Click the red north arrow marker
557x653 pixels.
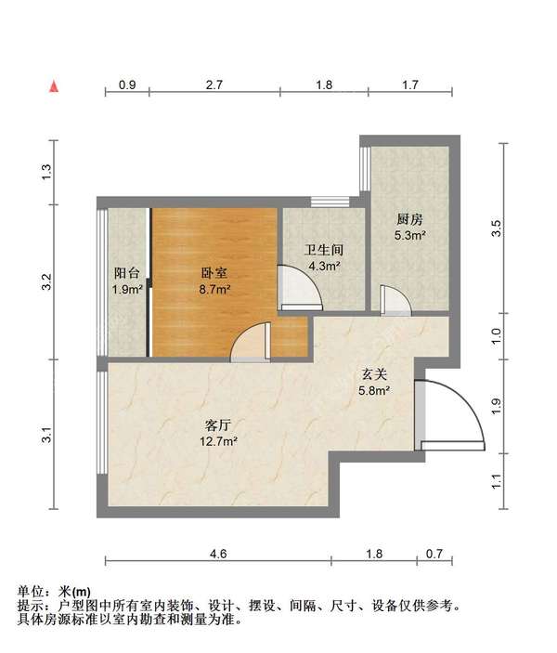(x=56, y=86)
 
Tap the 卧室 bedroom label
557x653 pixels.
(x=215, y=273)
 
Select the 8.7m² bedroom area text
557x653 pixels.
(x=215, y=289)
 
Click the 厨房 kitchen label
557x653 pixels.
(x=409, y=220)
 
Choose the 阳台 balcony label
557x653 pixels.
(x=127, y=273)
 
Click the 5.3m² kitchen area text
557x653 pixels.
(x=409, y=237)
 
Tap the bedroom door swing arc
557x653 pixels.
(x=249, y=346)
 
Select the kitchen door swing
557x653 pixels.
(x=394, y=301)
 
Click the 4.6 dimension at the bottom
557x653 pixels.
(x=218, y=554)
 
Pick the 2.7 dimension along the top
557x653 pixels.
(x=214, y=85)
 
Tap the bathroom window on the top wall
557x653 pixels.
(x=330, y=201)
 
